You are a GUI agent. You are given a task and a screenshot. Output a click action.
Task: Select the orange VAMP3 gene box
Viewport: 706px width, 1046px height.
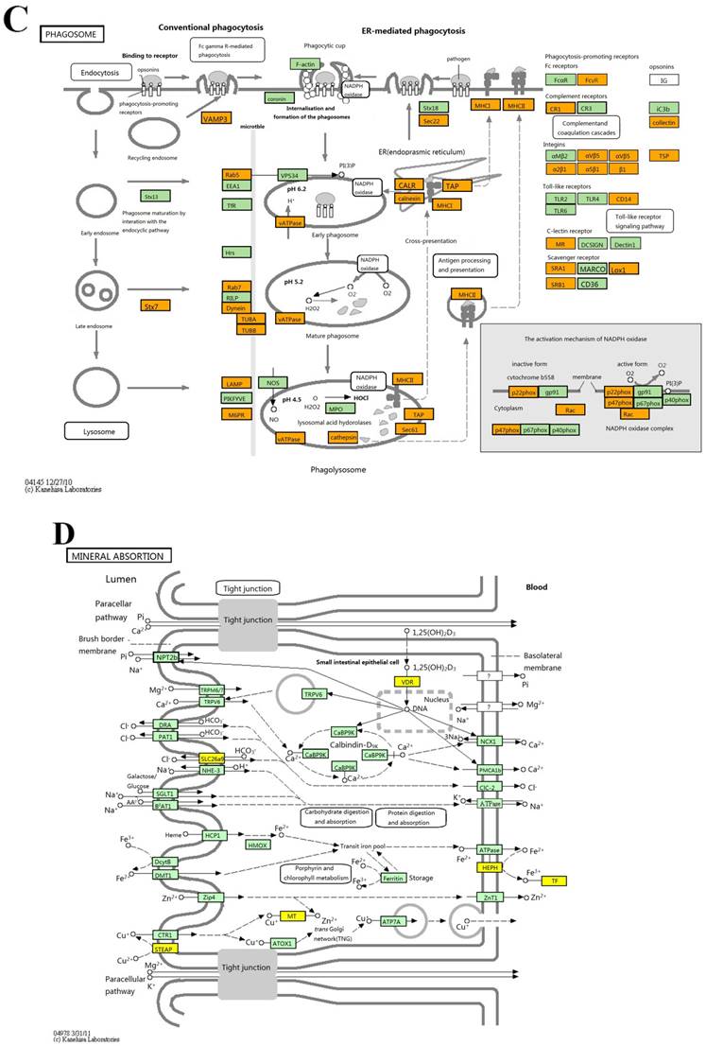[215, 118]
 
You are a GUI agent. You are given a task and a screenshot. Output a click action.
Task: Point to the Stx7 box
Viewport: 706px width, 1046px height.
[151, 306]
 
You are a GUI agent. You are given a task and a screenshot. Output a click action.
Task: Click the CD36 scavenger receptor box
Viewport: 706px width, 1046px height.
[590, 284]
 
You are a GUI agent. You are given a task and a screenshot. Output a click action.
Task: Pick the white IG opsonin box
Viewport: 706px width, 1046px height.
[664, 80]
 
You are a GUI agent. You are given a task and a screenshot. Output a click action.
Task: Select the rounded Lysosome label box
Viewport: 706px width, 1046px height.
[95, 430]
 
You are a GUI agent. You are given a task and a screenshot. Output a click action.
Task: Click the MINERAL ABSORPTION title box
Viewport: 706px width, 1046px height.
[117, 555]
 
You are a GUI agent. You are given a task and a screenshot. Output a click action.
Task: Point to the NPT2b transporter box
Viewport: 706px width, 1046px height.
[167, 656]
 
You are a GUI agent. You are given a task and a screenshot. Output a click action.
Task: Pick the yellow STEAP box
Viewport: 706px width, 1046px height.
[166, 948]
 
